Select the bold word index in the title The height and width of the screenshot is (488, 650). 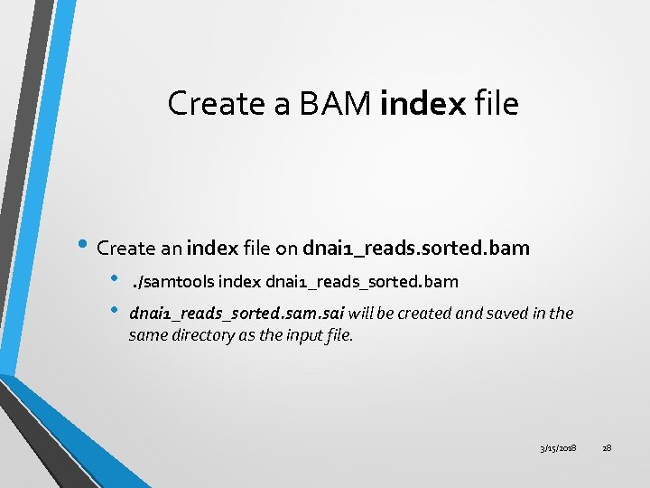click(422, 104)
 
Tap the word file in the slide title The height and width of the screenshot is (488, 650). click(496, 104)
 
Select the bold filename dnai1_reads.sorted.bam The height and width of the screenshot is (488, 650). click(416, 248)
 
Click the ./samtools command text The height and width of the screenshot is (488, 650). click(173, 282)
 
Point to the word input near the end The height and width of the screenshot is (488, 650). click(302, 335)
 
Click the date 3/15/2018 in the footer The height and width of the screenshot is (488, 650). click(558, 448)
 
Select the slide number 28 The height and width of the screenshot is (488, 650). click(606, 448)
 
